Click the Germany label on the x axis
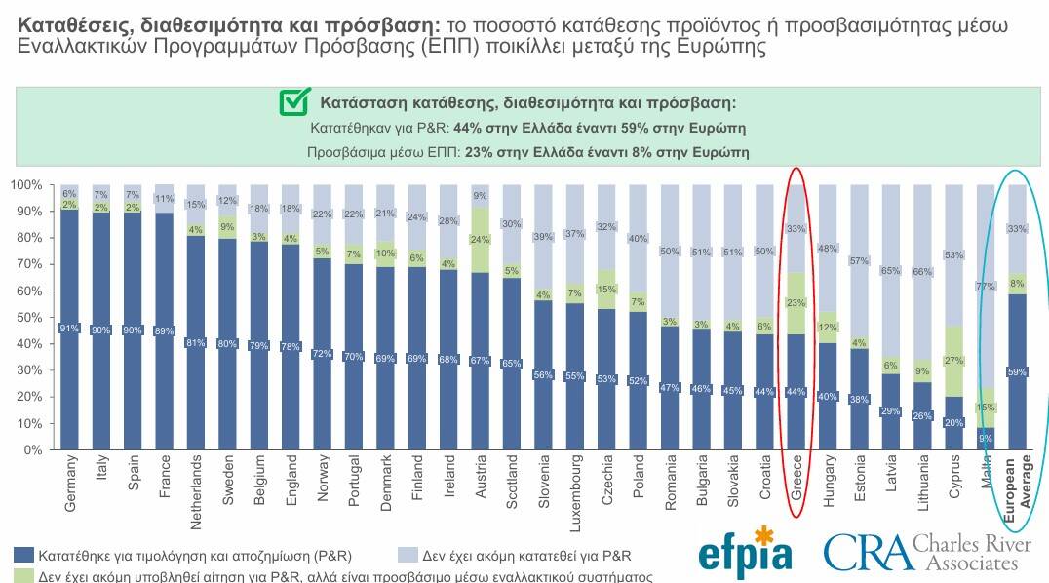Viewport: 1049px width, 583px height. pos(70,485)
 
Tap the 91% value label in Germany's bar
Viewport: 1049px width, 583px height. pos(70,328)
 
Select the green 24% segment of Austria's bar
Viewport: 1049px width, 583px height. pos(481,240)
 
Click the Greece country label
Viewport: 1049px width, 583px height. pos(796,477)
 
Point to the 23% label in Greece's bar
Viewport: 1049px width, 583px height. pos(796,303)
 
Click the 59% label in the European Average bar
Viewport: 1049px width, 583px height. pos(1016,371)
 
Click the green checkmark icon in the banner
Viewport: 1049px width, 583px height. pos(293,102)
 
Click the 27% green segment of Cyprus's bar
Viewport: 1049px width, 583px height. pos(954,361)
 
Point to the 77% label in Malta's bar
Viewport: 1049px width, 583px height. pos(985,287)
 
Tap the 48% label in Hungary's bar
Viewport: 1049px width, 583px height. pos(828,248)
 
